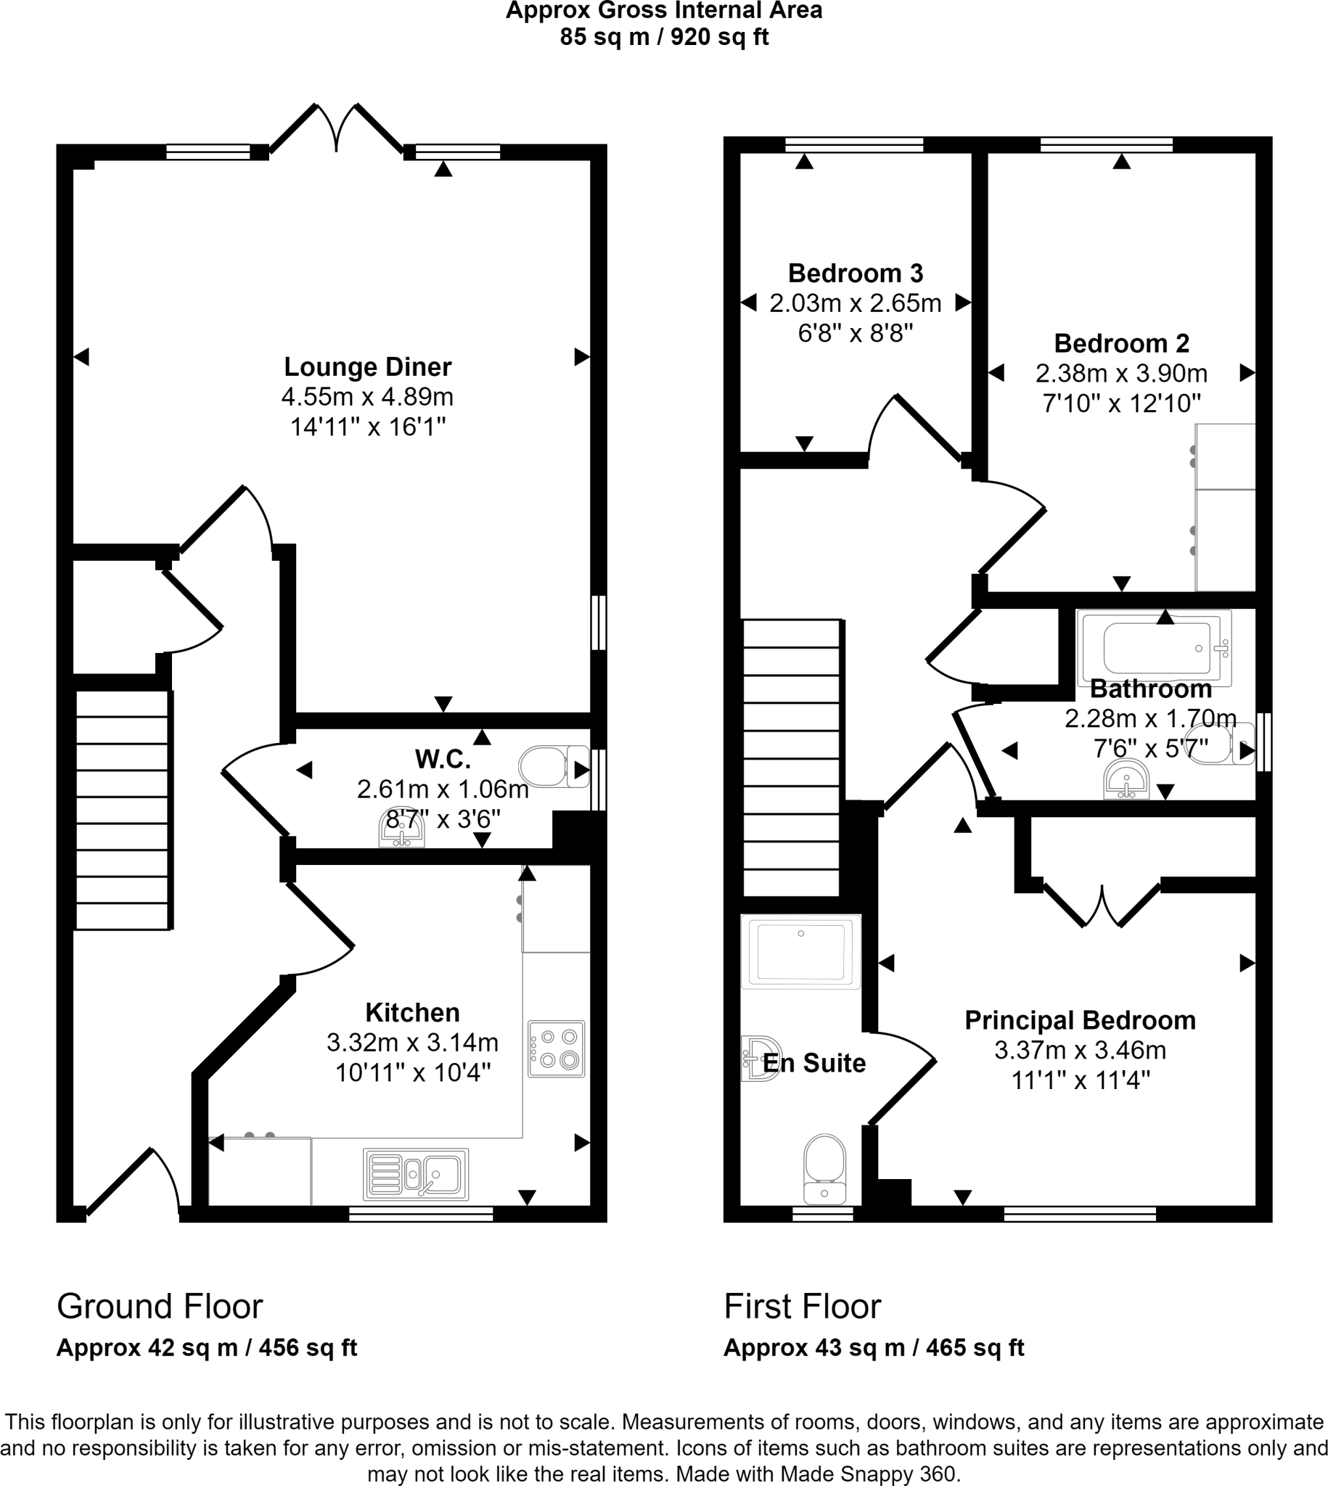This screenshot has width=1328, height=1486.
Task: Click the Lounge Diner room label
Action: tap(367, 367)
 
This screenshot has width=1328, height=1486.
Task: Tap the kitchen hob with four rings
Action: tap(556, 1048)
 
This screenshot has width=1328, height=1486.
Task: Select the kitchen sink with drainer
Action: tap(415, 1174)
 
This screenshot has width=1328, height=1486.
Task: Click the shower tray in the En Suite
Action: tap(800, 951)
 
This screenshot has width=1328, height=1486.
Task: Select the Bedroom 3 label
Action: tap(855, 274)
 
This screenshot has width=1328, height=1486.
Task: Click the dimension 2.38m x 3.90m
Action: tap(1120, 374)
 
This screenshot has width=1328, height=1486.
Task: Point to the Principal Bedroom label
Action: tap(1080, 1020)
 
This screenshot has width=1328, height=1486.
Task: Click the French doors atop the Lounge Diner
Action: tap(337, 129)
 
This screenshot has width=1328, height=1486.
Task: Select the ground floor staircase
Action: tap(123, 810)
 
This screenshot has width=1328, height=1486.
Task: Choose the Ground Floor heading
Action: tap(159, 1307)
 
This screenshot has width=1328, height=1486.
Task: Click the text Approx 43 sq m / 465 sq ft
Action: tap(874, 1347)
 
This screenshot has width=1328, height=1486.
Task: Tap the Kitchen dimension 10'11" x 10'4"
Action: tap(412, 1072)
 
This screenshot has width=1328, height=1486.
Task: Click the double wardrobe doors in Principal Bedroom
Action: tap(1102, 905)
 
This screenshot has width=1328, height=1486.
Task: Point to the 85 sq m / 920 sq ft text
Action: tap(663, 37)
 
